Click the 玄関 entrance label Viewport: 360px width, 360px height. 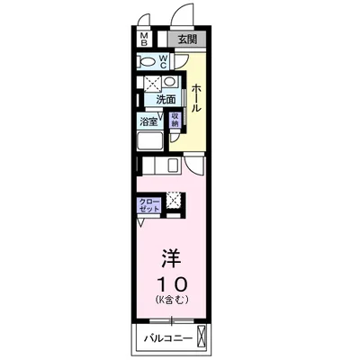(x=186, y=39)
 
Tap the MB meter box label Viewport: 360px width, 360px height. (x=144, y=39)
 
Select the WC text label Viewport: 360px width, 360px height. (x=163, y=61)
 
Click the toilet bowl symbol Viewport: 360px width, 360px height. (x=146, y=61)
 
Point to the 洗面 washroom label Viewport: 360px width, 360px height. (x=165, y=100)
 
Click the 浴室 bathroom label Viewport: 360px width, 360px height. (x=147, y=121)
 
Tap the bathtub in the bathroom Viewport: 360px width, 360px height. (x=148, y=143)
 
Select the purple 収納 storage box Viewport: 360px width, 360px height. (x=175, y=120)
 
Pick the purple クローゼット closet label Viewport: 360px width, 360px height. (x=149, y=204)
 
